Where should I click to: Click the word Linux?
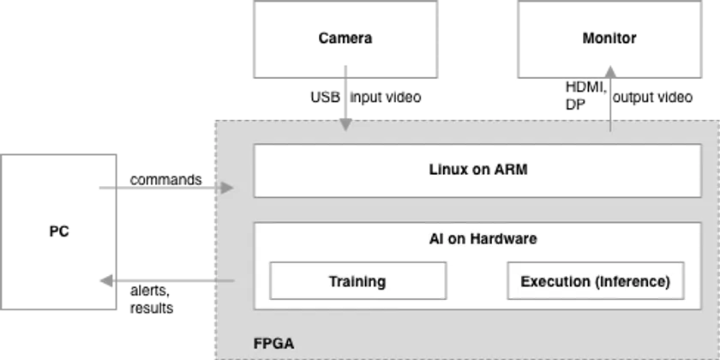[447, 170]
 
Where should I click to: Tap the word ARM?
[511, 170]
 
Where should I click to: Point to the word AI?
[435, 239]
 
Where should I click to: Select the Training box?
[357, 281]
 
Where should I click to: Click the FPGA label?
[274, 344]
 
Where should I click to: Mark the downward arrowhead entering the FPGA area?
[345, 124]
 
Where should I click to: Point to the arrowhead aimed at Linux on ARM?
[227, 188]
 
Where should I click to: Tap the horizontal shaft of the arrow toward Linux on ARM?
[163, 188]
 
